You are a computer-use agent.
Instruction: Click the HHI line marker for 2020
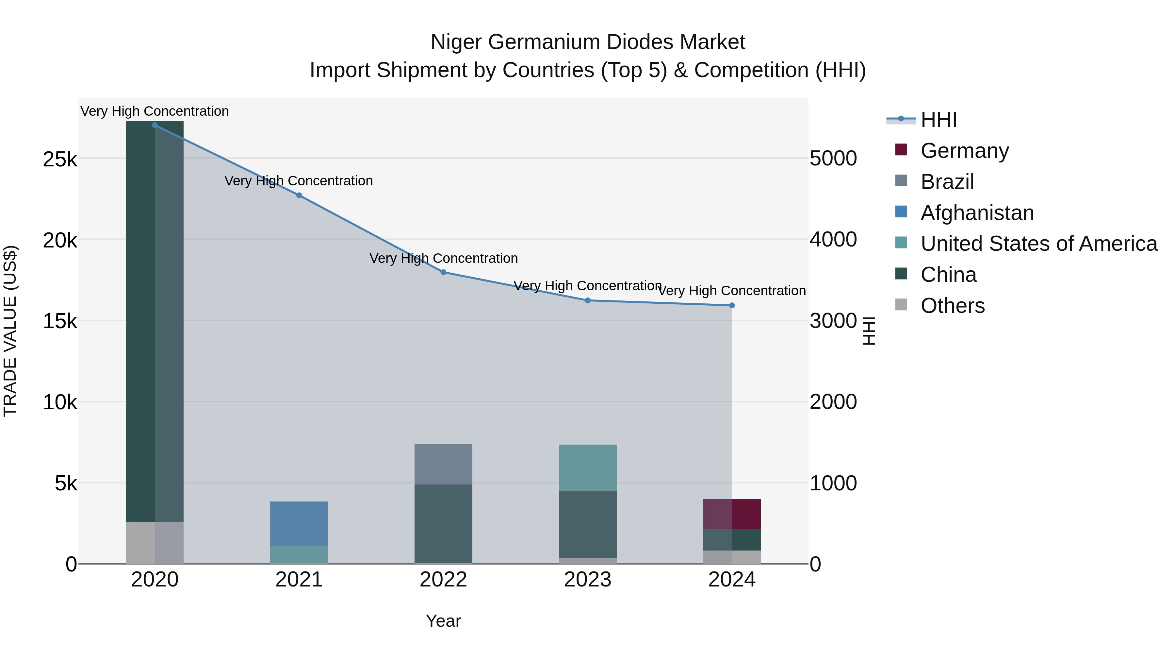point(155,125)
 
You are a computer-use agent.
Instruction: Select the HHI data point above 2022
point(443,272)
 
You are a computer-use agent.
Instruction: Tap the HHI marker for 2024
point(732,305)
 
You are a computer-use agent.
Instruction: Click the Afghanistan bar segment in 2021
point(299,524)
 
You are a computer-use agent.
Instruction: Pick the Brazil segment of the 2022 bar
point(443,464)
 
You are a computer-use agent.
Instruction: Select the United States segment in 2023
point(588,468)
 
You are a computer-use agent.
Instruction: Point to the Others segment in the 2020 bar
point(155,543)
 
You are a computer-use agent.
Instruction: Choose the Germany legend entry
point(964,151)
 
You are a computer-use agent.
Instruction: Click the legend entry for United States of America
point(1038,244)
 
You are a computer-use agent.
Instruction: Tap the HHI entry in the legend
point(938,120)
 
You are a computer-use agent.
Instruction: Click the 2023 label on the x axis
point(588,580)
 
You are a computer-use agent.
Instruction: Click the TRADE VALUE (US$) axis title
point(10,331)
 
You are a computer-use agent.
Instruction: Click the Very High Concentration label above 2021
point(299,181)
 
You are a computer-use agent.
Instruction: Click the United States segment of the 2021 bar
point(299,555)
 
